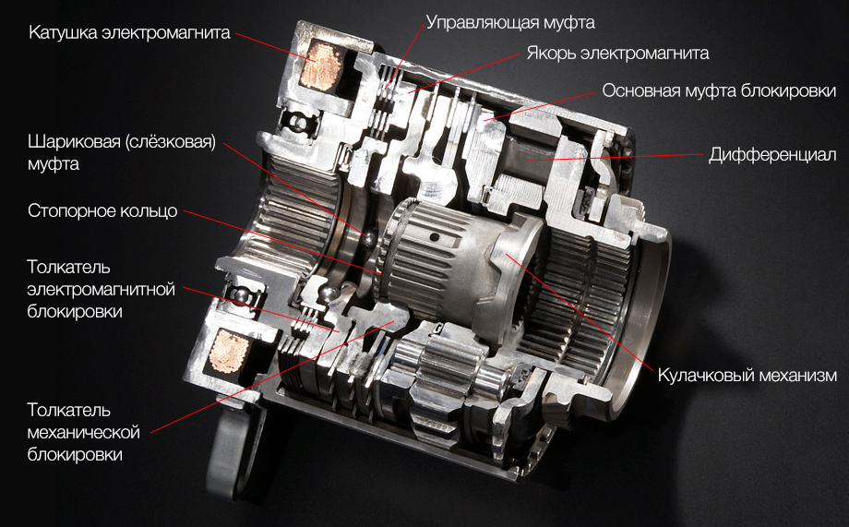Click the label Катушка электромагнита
(129, 32)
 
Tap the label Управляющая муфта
(510, 22)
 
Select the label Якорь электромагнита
(617, 54)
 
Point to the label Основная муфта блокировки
(719, 90)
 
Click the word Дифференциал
(772, 155)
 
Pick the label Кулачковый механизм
(747, 376)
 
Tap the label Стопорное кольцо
(102, 210)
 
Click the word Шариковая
(74, 142)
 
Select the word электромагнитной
(102, 289)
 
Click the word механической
(83, 432)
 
